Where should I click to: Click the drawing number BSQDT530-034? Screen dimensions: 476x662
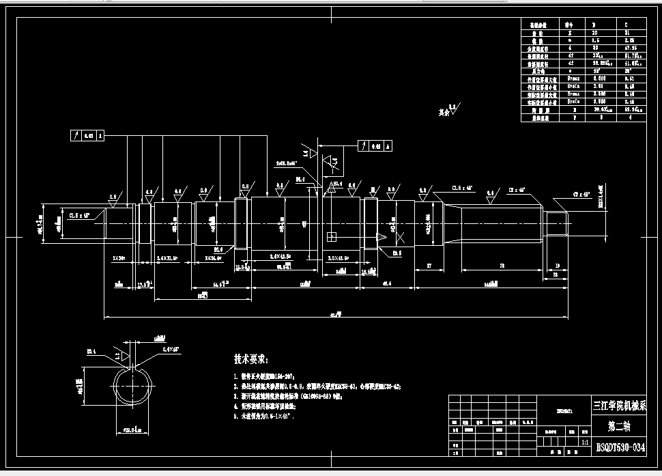click(x=620, y=447)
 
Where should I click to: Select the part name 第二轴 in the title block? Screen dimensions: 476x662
click(x=620, y=427)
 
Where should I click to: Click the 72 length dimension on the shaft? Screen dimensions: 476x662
click(x=502, y=264)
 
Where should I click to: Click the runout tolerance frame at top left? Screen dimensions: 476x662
click(x=87, y=136)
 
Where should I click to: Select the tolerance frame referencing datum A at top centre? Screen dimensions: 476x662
click(x=375, y=145)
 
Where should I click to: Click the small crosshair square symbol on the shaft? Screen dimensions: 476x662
click(x=332, y=237)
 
